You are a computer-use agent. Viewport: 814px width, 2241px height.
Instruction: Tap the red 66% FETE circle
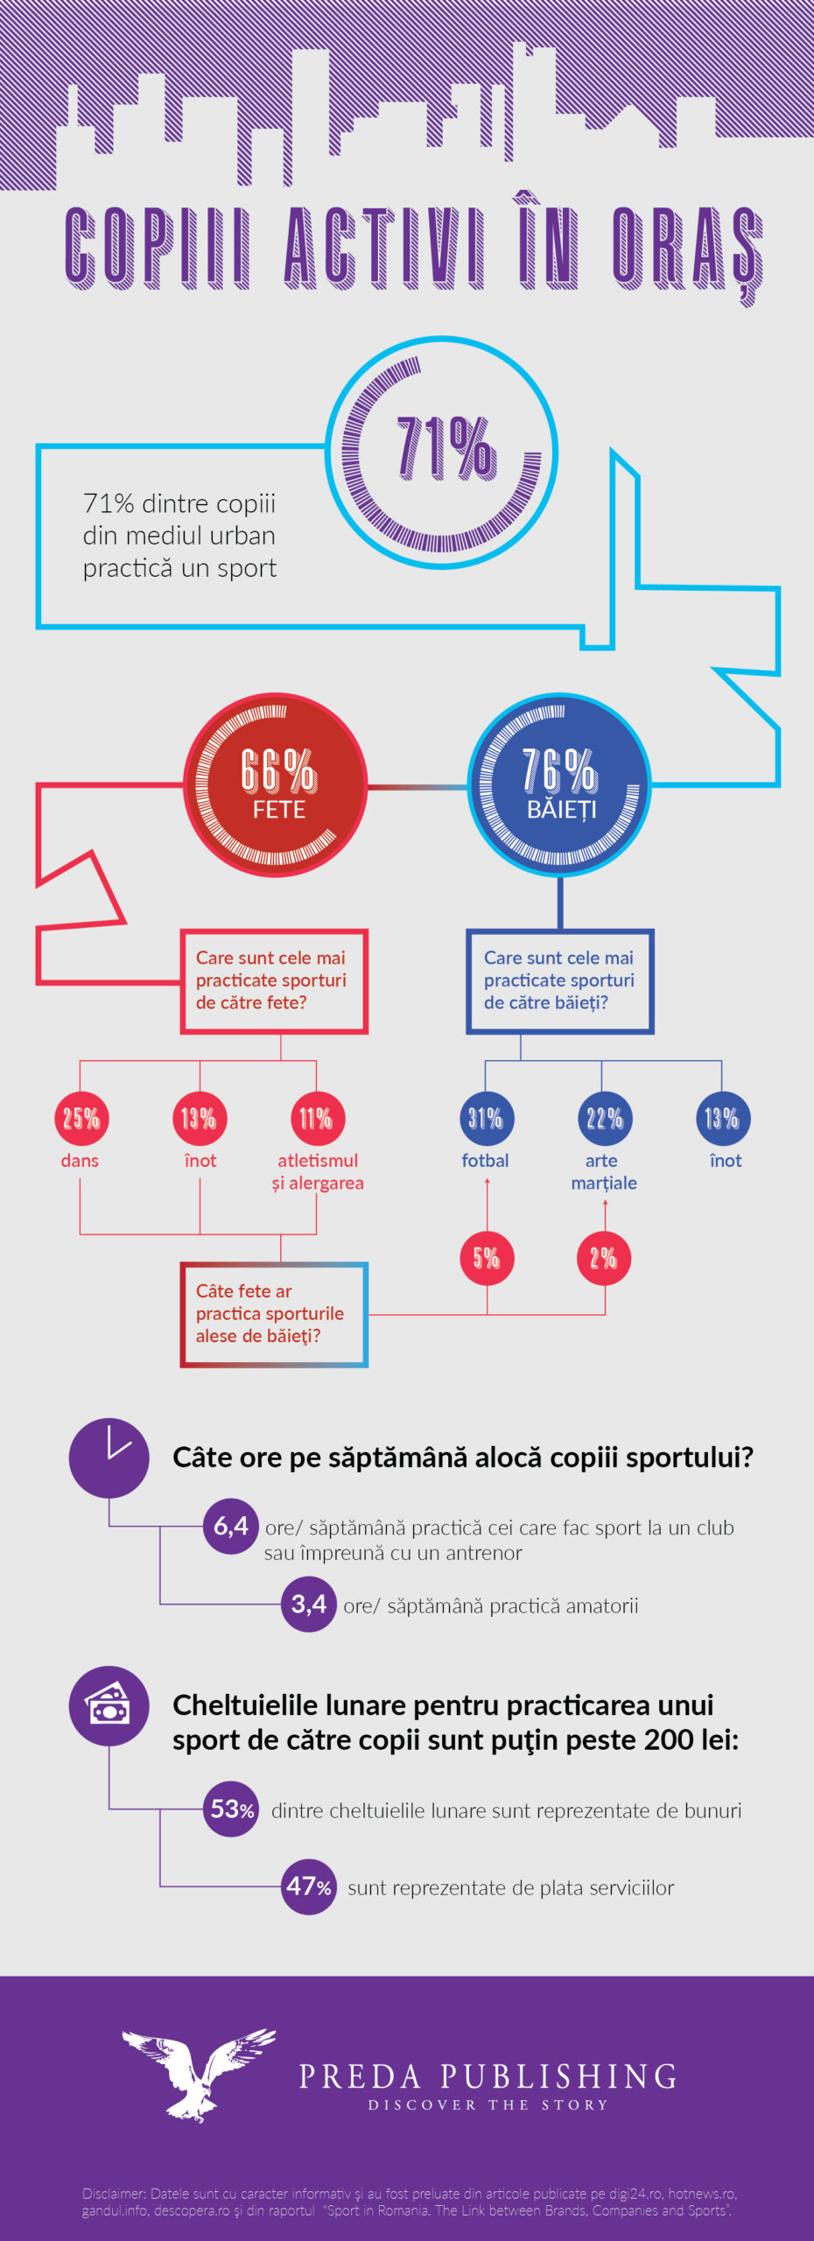(x=276, y=784)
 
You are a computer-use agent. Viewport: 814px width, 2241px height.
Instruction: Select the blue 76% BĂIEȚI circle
(x=559, y=784)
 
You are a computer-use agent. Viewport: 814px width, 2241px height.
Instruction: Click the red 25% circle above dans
(x=81, y=1118)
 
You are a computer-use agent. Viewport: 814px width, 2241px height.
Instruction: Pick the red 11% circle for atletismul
(x=317, y=1118)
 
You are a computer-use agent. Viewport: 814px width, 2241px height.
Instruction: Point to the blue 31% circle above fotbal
(x=486, y=1118)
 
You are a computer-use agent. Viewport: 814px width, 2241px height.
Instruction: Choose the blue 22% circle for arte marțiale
(x=604, y=1118)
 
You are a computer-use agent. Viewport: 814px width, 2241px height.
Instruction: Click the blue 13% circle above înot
(x=723, y=1118)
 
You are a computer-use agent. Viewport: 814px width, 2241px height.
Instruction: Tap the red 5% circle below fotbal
(x=487, y=1258)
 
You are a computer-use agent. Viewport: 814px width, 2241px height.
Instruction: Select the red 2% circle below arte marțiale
(x=604, y=1258)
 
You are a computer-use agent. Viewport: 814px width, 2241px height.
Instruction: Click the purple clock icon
(x=109, y=1458)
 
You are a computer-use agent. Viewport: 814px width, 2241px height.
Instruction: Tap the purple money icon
(x=109, y=1706)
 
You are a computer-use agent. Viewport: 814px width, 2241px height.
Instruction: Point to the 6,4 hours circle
(x=230, y=1527)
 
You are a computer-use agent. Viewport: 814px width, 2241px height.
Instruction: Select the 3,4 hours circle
(x=308, y=1604)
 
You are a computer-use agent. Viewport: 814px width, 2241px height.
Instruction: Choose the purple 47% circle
(x=308, y=1886)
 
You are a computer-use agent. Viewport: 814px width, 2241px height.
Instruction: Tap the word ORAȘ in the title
(x=687, y=249)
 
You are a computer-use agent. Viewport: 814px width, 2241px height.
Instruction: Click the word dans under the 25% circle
(x=80, y=1161)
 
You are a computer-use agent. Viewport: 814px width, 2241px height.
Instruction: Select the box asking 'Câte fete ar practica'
(x=274, y=1314)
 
